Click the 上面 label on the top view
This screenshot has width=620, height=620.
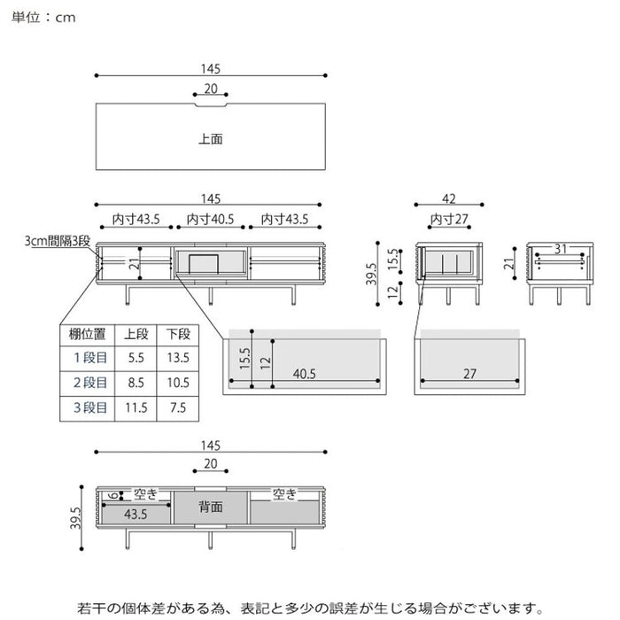[x=210, y=139]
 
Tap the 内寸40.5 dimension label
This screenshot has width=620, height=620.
[x=209, y=219]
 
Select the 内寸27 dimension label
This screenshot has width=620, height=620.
[x=449, y=219]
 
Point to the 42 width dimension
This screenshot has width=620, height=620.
[x=449, y=200]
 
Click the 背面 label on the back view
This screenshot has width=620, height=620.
[x=210, y=507]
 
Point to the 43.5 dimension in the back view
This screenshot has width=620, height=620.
[x=136, y=514]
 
